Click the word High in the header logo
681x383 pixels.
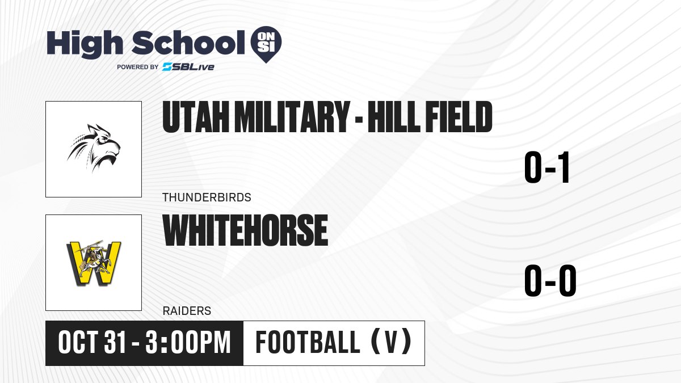[85, 44]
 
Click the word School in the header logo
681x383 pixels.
[188, 43]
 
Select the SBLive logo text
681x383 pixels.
[188, 66]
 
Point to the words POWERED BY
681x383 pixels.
[138, 67]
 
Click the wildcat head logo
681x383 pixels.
[94, 148]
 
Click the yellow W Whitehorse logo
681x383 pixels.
[94, 263]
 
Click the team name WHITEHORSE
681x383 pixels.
[245, 230]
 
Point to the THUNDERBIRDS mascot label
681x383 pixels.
[207, 197]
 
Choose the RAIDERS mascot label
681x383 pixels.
[187, 311]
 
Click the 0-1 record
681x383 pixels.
[547, 167]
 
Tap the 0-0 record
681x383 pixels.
[550, 280]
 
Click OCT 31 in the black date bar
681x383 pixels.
[92, 343]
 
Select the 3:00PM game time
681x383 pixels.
[188, 343]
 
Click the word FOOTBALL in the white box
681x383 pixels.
[308, 343]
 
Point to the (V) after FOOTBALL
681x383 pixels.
[392, 342]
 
